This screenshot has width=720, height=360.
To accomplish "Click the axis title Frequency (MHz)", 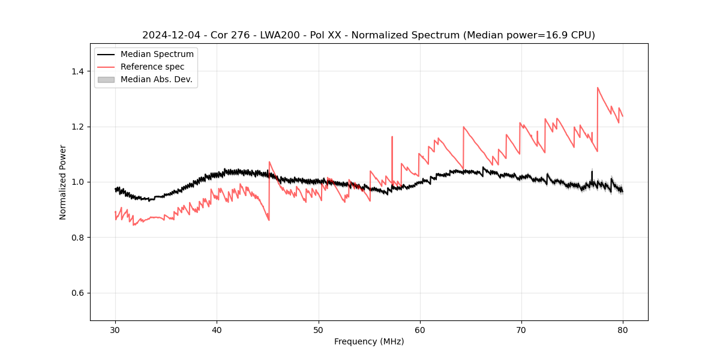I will tap(369, 341).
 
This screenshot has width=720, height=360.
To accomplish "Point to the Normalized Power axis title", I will tap(63, 182).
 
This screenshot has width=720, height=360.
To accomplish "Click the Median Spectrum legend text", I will tap(157, 55).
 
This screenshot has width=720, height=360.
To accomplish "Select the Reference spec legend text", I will tap(152, 67).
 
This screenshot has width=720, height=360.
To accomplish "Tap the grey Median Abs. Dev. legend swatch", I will tap(106, 79).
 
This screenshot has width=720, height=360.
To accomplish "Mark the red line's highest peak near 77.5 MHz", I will tap(598, 88).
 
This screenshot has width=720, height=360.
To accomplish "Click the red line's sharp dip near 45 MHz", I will tap(269, 220).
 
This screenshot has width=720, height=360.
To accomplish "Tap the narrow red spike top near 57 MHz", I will tap(392, 137).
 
